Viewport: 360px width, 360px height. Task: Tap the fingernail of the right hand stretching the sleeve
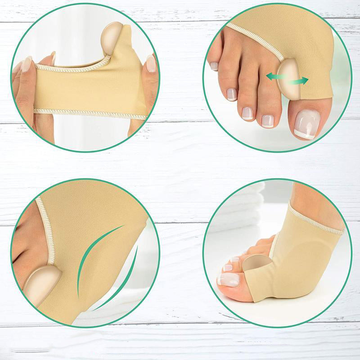pyautogui.click(x=152, y=63)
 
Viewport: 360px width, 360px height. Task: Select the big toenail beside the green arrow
pyautogui.click(x=307, y=124)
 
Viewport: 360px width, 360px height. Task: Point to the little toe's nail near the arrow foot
pyautogui.click(x=214, y=66)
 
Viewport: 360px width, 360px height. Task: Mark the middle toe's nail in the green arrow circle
pyautogui.click(x=247, y=112)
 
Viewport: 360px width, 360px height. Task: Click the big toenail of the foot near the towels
pyautogui.click(x=229, y=280)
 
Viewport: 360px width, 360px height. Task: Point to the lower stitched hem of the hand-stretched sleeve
pyautogui.click(x=90, y=114)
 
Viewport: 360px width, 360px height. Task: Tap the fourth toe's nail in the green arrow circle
pyautogui.click(x=232, y=94)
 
